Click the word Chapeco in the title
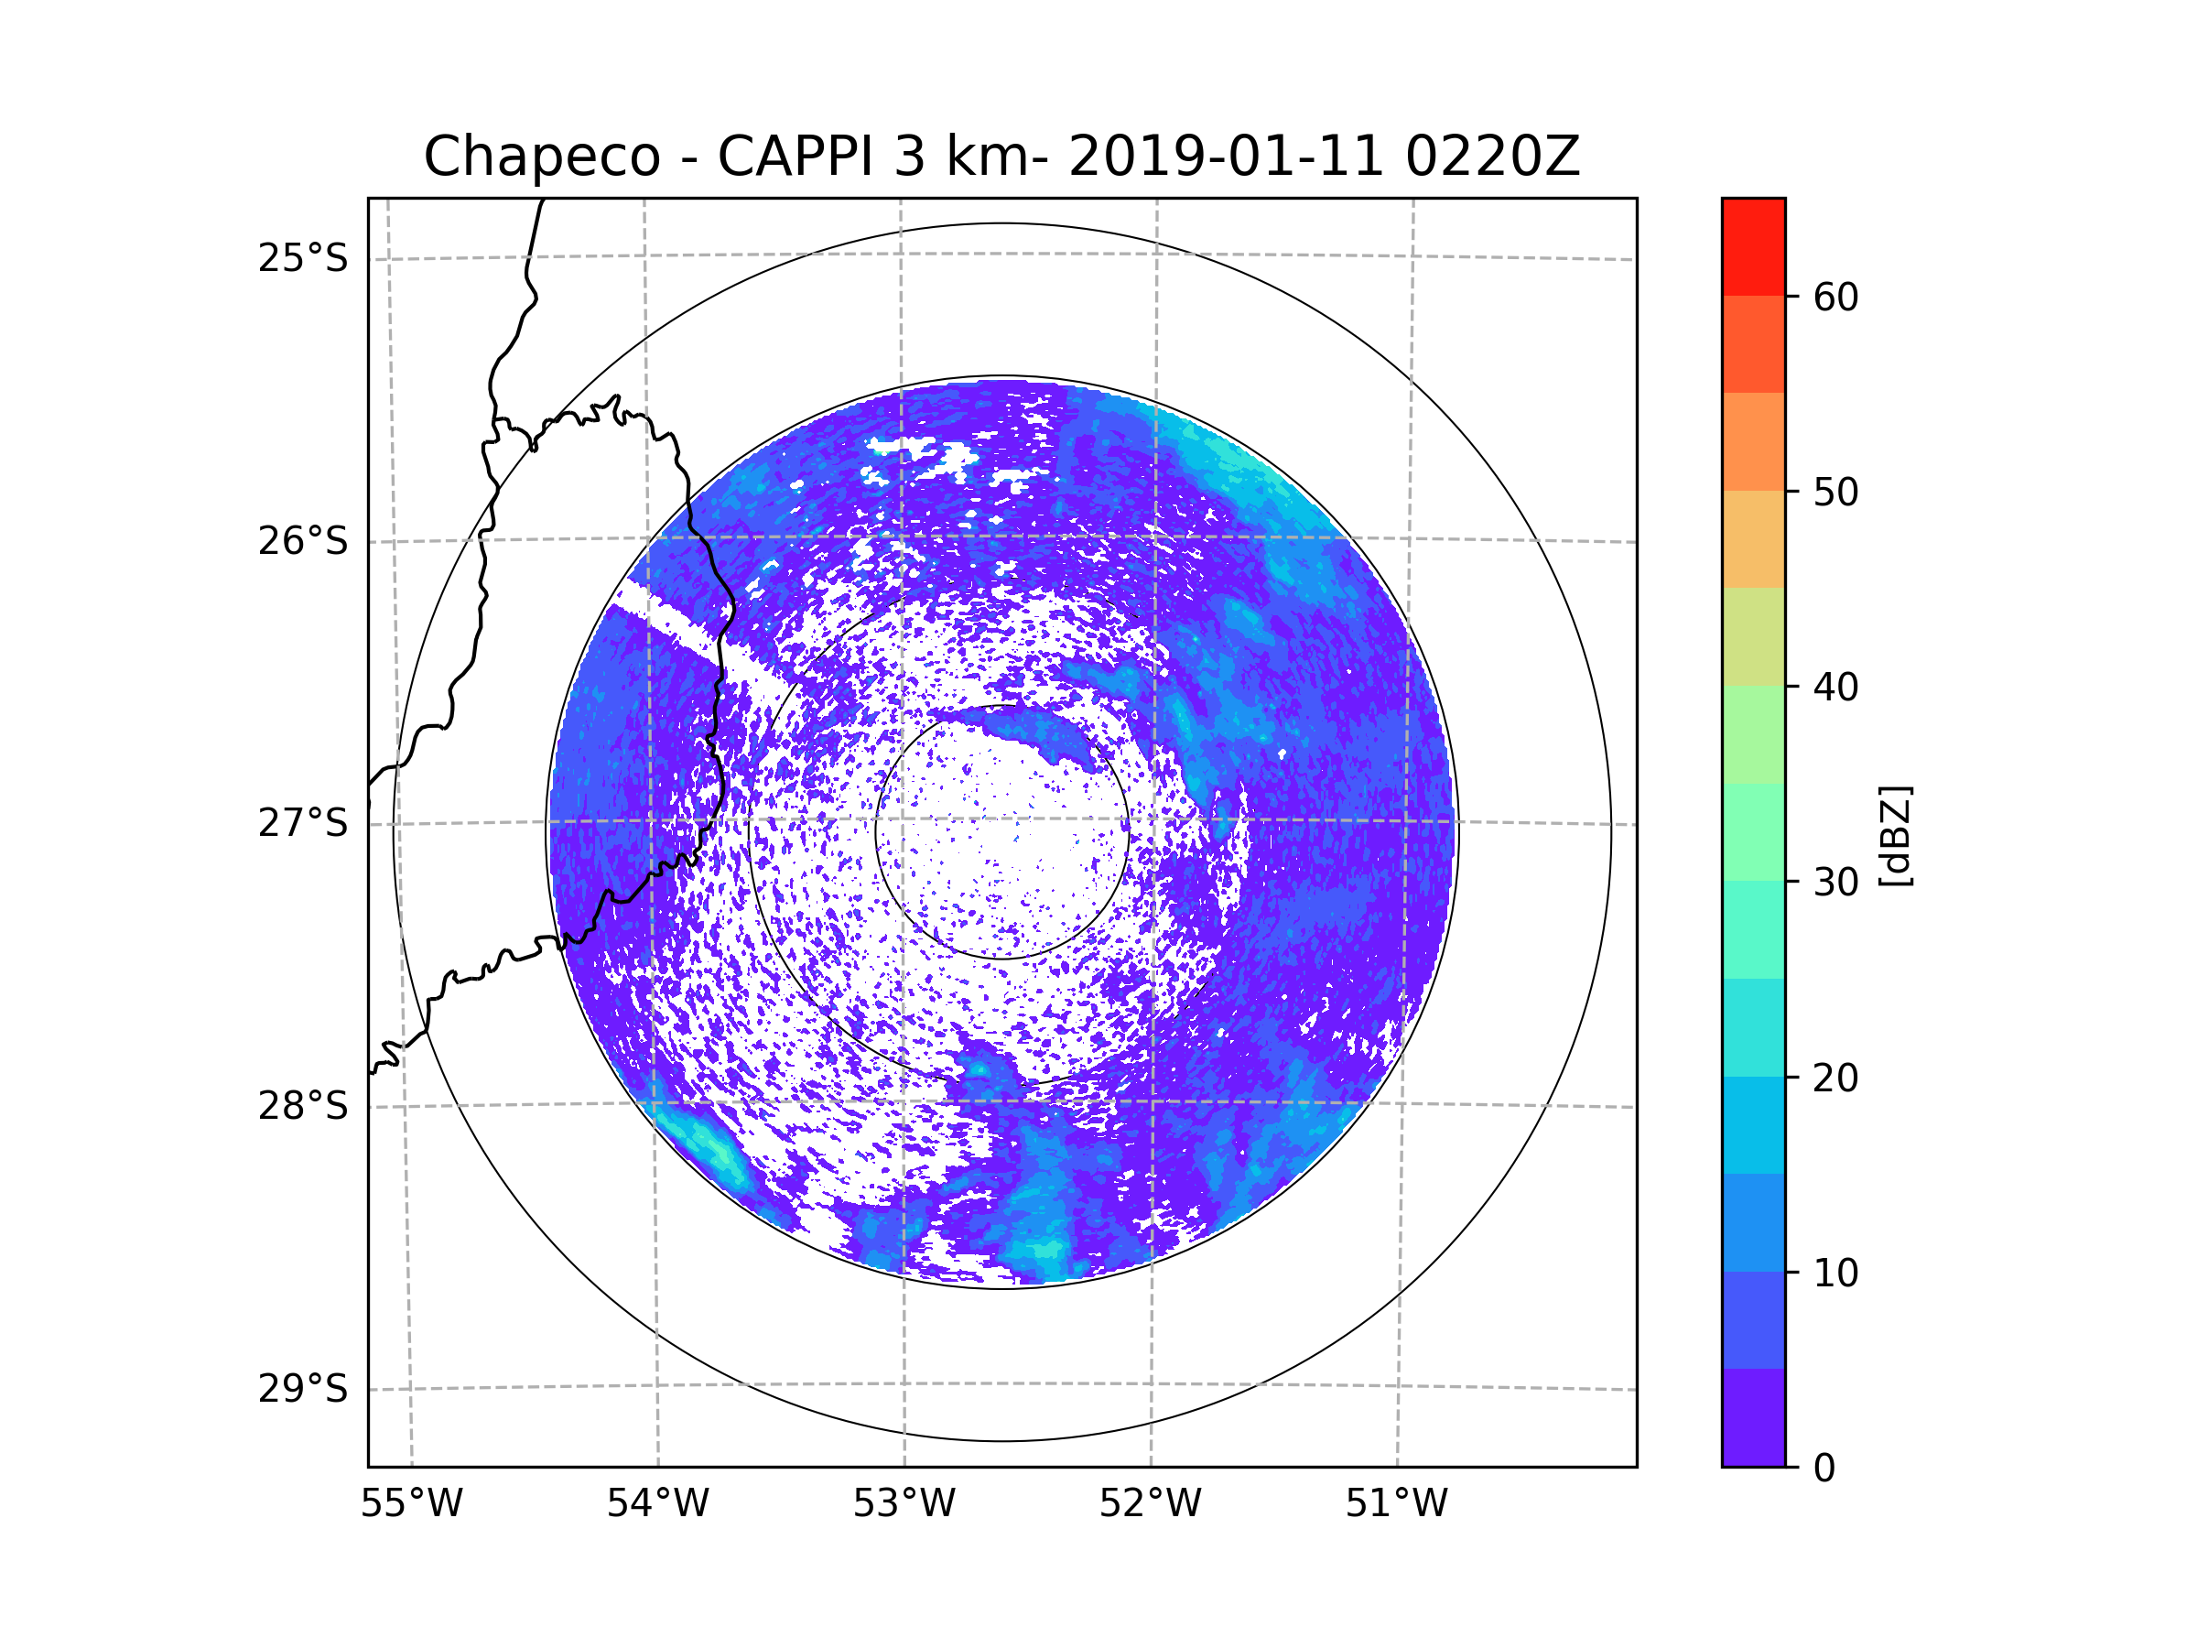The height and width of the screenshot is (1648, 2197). coord(541,157)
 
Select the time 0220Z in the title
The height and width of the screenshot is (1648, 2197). coord(1492,157)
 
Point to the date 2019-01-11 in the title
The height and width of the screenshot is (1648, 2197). coord(1226,157)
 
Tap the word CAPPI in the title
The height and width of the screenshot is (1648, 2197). coord(795,157)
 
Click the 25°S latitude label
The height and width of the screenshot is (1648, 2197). coord(303,258)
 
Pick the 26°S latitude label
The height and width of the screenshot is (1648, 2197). coord(303,541)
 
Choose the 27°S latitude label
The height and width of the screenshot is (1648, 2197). coord(303,823)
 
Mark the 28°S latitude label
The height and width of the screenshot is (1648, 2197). coord(303,1106)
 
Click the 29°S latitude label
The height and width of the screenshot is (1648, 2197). coord(303,1389)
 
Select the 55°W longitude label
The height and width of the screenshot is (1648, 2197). coord(411,1504)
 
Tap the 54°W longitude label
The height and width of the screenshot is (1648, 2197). coord(657,1504)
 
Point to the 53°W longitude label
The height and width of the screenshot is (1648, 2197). coord(904,1504)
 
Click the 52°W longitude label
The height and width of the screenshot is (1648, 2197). coord(1150,1504)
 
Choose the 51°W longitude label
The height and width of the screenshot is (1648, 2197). coord(1396,1504)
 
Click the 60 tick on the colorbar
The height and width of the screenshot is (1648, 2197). coord(1835,297)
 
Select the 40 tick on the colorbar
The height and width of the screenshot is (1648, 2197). coord(1835,687)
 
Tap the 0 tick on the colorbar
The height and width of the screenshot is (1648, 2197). coord(1824,1469)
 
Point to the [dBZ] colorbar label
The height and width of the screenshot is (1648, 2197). coord(1895,835)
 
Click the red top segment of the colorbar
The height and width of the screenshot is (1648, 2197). coord(1753,246)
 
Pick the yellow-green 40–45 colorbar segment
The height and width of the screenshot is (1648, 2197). coord(1753,636)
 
